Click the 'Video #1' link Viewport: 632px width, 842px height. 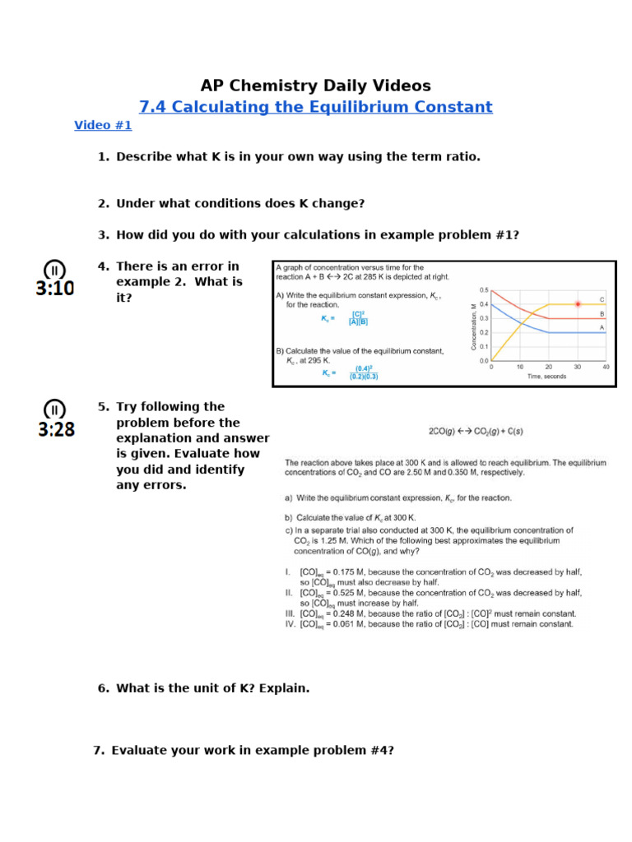point(103,126)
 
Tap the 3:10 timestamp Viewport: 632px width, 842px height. point(55,289)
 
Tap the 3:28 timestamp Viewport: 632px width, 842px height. point(56,429)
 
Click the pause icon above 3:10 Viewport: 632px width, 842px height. point(54,269)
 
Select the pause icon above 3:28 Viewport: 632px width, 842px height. point(54,409)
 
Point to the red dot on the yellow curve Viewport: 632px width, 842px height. point(578,304)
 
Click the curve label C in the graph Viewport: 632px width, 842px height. point(602,299)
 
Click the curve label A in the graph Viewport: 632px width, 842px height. point(602,327)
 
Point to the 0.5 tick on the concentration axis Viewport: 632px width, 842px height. point(484,290)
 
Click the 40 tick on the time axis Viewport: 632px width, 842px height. point(606,367)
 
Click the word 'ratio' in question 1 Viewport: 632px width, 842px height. point(461,156)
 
